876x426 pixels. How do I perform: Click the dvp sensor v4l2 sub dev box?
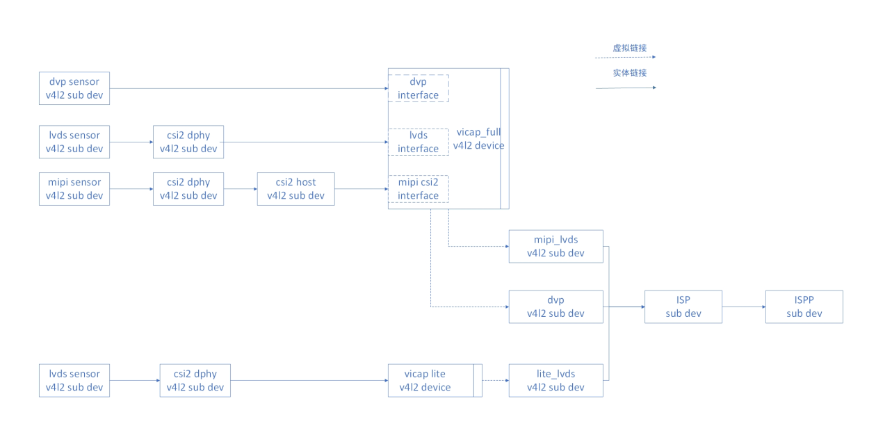(74, 88)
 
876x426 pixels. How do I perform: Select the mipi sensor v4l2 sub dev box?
(74, 188)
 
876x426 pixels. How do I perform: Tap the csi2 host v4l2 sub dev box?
(295, 188)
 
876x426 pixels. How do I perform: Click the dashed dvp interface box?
(418, 88)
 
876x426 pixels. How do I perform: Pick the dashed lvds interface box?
(418, 142)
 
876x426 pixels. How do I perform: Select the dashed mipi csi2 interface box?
(418, 188)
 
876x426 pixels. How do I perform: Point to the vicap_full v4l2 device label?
(478, 138)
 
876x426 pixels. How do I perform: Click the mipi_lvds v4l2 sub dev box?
(556, 246)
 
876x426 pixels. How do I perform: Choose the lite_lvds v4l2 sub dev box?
(556, 380)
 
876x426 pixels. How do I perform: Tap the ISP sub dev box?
(683, 306)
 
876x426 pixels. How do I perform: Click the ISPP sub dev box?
(804, 306)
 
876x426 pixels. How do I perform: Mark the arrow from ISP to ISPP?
(743, 306)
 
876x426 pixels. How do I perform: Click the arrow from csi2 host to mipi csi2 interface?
(361, 188)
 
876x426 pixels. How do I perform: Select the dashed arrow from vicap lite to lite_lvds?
(495, 380)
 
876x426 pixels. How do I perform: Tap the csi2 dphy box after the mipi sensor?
(188, 188)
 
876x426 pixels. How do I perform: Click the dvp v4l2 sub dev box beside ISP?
(556, 306)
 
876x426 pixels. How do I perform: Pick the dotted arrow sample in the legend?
(625, 58)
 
